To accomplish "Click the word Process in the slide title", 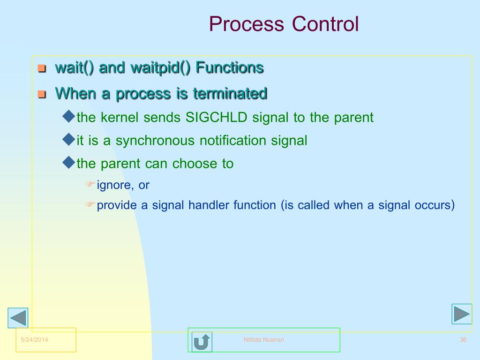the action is (247, 24).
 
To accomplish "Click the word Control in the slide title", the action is (325, 24).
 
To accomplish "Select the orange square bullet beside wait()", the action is (42, 68).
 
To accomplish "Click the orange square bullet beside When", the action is (42, 94).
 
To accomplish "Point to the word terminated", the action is (230, 93).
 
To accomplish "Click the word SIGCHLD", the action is (217, 117).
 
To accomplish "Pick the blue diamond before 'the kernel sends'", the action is (68, 116).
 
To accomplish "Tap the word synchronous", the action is (155, 141).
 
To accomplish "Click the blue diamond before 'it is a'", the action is (68, 139).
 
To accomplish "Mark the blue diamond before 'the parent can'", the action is (68, 162).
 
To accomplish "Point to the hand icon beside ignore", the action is (90, 184).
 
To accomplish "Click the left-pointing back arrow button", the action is (18, 318).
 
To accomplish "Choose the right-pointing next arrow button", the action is (462, 314).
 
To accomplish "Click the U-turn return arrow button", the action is (202, 342).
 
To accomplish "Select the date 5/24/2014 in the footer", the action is (34, 339).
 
